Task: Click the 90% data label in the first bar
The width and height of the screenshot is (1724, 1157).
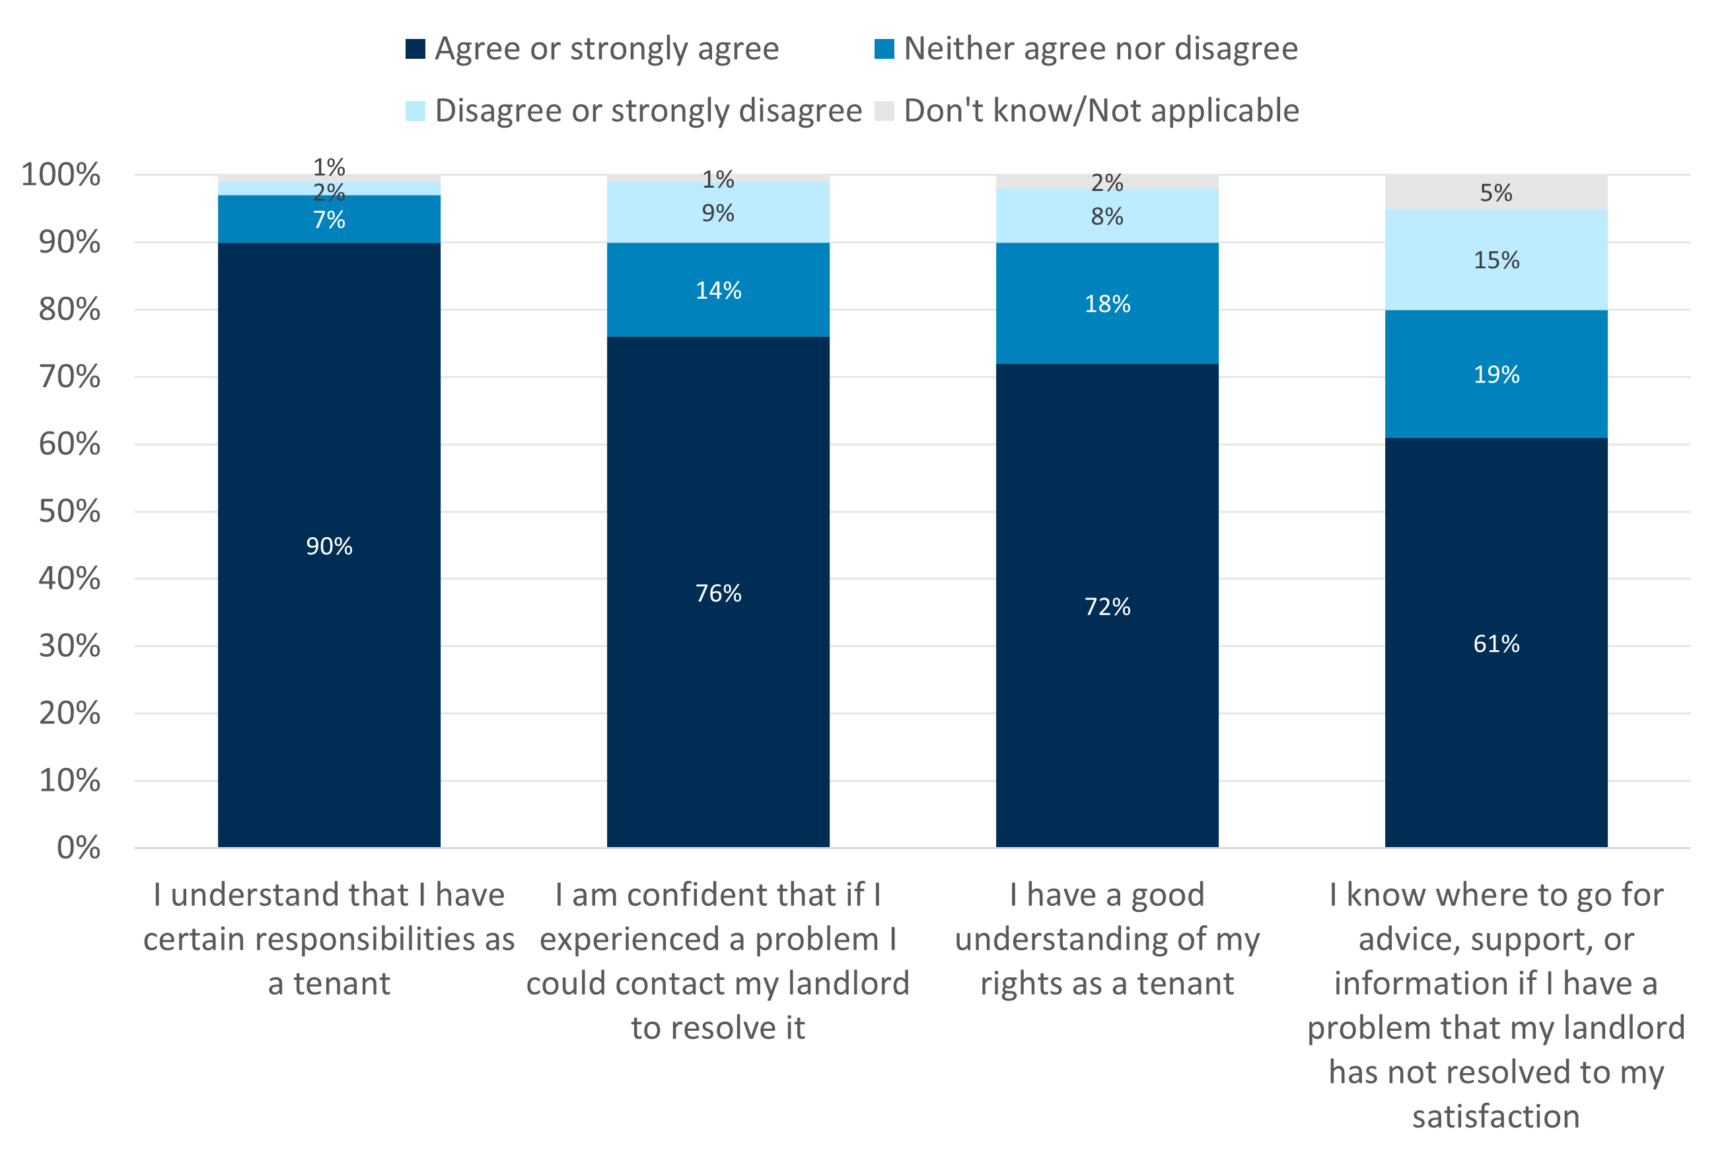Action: (329, 546)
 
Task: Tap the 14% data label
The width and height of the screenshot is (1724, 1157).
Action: (718, 291)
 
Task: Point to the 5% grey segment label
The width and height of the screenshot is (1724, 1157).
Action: (1495, 194)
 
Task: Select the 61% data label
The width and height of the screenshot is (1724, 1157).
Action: (1495, 644)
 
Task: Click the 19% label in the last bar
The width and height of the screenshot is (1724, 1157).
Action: (1495, 375)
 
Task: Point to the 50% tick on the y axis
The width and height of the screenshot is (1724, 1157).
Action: (69, 511)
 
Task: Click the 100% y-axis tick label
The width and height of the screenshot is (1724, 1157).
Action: (61, 175)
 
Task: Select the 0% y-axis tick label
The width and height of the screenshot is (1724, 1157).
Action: (78, 848)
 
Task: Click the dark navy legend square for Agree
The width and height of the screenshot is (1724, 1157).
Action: (415, 49)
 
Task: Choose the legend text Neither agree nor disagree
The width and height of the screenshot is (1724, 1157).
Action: (1100, 49)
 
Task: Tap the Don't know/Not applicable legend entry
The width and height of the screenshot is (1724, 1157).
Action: (1100, 111)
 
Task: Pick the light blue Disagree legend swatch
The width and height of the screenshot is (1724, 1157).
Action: (415, 111)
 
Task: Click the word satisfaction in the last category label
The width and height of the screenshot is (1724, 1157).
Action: (1495, 1117)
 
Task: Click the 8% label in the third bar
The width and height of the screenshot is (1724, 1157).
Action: (1106, 217)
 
